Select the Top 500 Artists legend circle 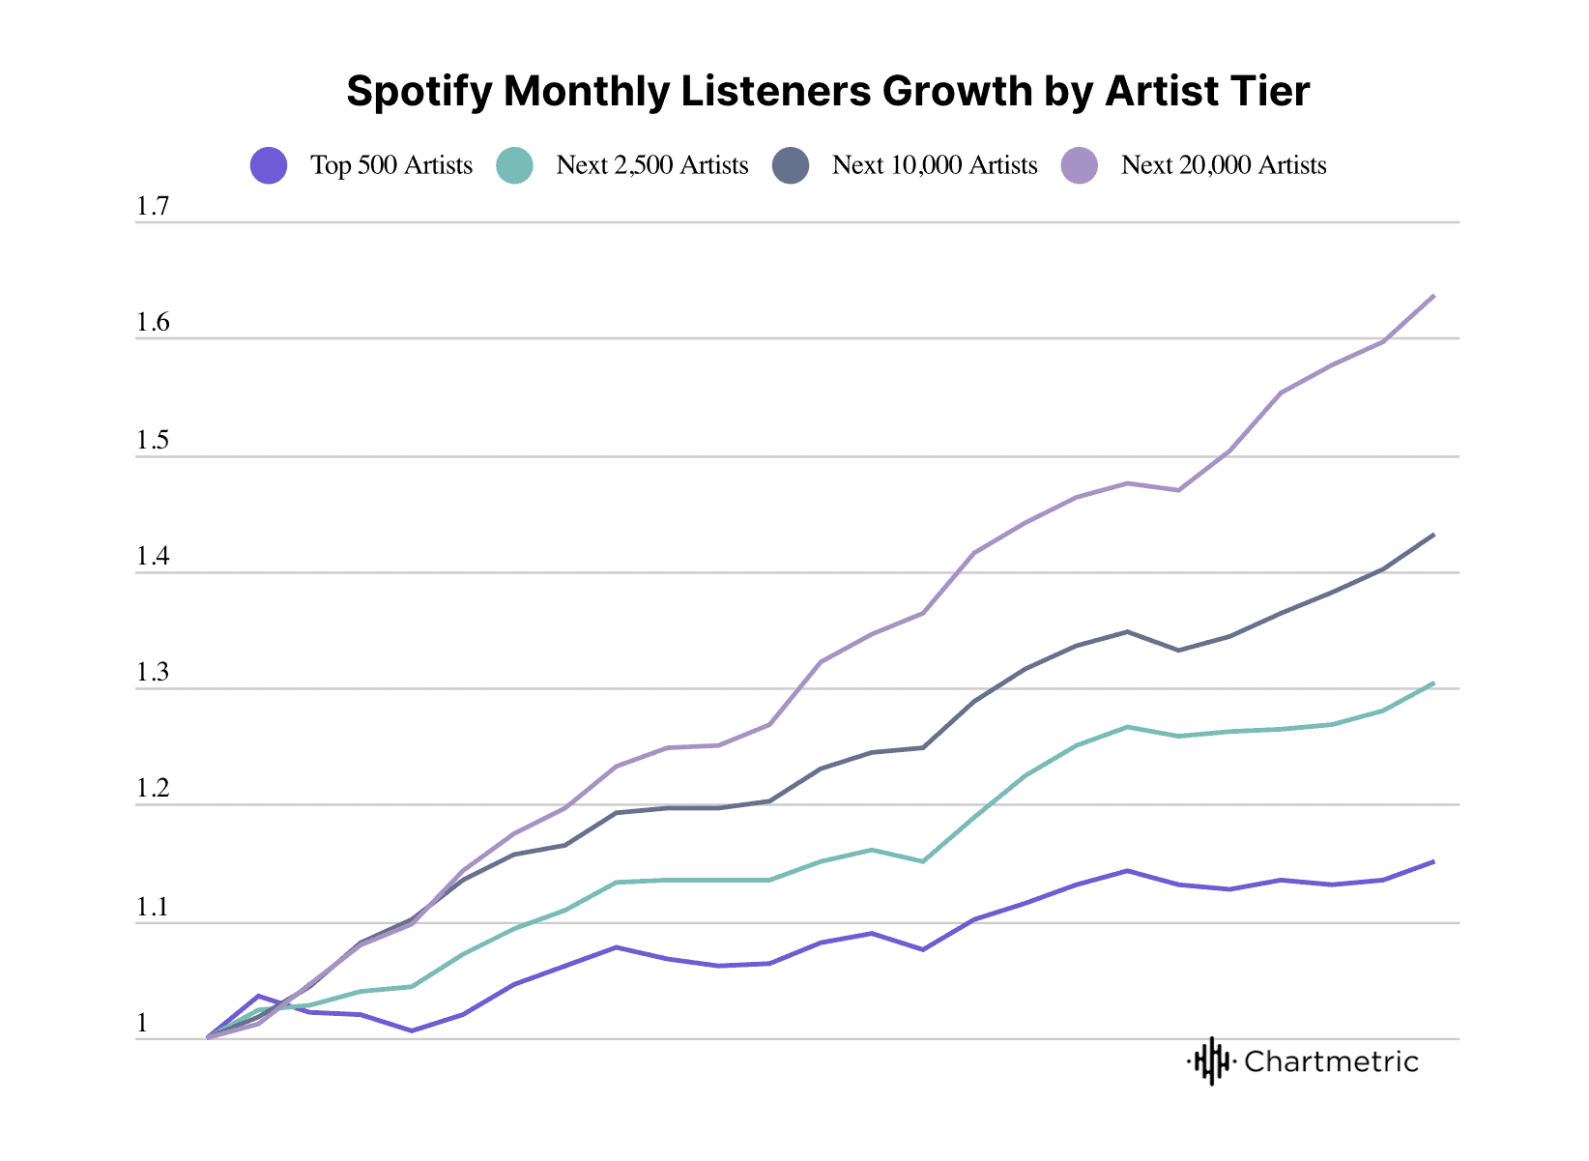point(269,165)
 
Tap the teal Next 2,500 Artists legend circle point(514,165)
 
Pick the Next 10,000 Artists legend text point(934,165)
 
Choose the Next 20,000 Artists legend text point(1223,165)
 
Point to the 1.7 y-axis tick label point(152,206)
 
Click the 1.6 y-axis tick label point(152,323)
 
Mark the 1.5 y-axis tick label point(152,441)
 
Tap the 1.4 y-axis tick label point(152,557)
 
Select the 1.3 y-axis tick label point(152,673)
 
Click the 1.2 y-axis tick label point(152,789)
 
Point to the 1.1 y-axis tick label point(152,908)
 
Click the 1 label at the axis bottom point(142,1024)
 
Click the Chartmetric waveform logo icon point(1211,1061)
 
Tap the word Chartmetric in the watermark point(1331,1061)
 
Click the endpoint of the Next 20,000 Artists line point(1433,296)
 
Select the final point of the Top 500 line point(1433,861)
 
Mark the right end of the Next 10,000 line point(1433,535)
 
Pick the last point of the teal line point(1433,683)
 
